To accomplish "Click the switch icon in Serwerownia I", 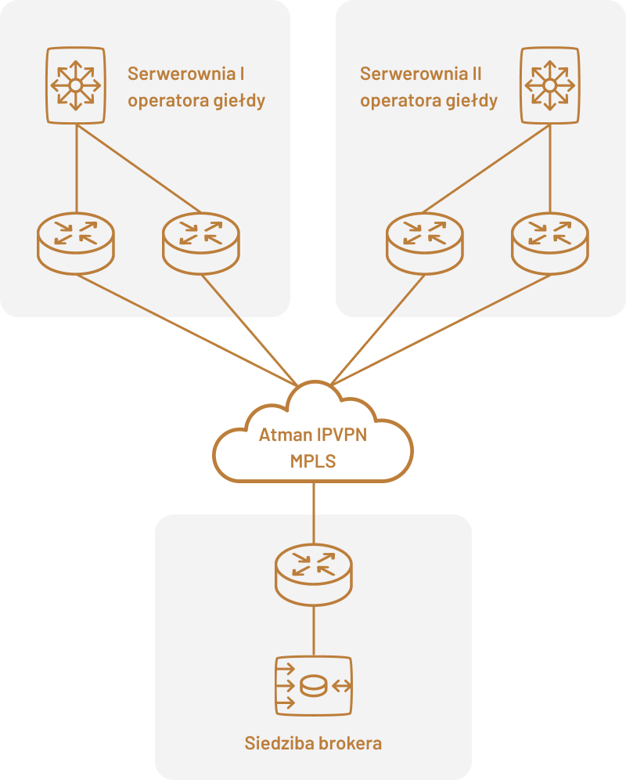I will tap(75, 85).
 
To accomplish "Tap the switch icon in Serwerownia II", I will tap(550, 85).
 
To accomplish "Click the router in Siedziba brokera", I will tap(314, 572).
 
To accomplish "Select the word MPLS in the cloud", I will tap(313, 461).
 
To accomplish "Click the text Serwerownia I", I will tap(185, 74).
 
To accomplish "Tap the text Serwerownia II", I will tap(420, 74).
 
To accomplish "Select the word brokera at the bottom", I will tap(351, 743).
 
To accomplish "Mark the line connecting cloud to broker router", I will tap(314, 513).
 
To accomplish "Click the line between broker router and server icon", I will tap(314, 630).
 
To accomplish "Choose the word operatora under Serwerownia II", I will tap(398, 101).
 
